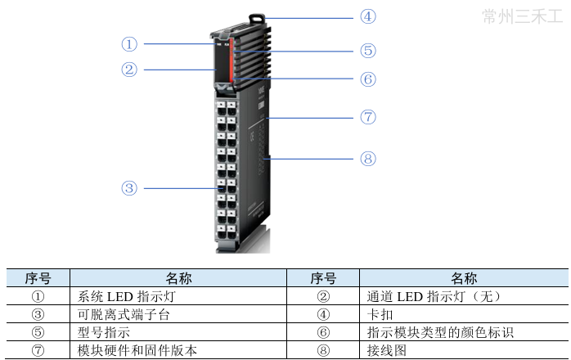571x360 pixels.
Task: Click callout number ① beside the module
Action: [x=129, y=43]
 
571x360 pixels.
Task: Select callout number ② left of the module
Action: [x=129, y=70]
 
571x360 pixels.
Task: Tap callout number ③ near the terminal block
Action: [x=129, y=188]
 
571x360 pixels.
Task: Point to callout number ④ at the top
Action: [x=368, y=16]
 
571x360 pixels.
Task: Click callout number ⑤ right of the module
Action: [x=368, y=51]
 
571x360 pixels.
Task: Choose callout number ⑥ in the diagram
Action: [x=368, y=79]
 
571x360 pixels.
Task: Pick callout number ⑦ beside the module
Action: [x=368, y=117]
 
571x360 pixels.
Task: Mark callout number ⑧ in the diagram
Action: [x=368, y=158]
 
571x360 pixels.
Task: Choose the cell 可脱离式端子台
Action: [x=123, y=314]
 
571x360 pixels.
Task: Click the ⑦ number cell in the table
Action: [x=38, y=350]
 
